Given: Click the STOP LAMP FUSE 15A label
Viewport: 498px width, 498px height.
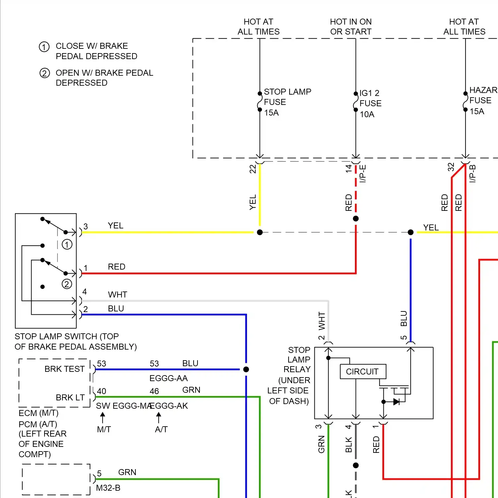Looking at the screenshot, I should click(x=287, y=102).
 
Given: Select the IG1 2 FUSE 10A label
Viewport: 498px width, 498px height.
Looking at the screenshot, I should click(x=370, y=103).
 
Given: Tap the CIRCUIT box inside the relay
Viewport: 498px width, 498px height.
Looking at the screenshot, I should click(x=363, y=372).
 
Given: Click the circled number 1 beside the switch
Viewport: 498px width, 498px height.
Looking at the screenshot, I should click(x=67, y=245).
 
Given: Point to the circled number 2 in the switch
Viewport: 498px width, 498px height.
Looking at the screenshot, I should click(x=67, y=284).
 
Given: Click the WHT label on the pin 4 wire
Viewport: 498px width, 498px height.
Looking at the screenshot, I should click(x=118, y=294).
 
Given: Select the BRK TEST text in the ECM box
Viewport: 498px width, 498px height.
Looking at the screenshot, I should click(x=64, y=369).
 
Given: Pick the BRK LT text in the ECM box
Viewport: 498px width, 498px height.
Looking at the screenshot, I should click(x=70, y=397).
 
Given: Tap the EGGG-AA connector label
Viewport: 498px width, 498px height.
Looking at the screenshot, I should click(x=168, y=378).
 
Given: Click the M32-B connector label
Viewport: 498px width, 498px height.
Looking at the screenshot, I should click(x=108, y=488).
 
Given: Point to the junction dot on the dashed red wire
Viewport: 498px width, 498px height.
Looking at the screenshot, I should click(x=356, y=218).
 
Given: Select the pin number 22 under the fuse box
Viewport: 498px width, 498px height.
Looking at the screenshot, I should click(x=253, y=169).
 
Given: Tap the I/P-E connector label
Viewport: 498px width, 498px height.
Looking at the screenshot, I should click(x=363, y=173).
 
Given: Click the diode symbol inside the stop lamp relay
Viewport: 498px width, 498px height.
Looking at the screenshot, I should click(x=396, y=402).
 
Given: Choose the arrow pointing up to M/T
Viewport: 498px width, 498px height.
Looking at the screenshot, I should click(x=103, y=417).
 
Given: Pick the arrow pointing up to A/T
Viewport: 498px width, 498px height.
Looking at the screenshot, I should click(x=159, y=417).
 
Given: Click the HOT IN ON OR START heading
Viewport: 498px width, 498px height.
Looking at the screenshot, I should click(x=351, y=27).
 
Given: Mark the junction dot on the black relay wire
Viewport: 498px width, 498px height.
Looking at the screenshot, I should click(x=356, y=465).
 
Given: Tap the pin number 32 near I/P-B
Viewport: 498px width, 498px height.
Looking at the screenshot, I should click(x=451, y=167).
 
